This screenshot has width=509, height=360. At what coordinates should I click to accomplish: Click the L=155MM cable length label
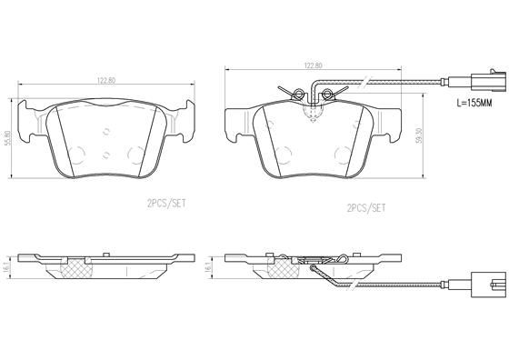[474, 104]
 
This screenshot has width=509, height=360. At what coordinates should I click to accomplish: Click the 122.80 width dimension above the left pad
[106, 81]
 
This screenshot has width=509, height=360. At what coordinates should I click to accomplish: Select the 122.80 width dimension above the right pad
[313, 65]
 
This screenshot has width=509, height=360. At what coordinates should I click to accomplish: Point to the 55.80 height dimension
[8, 138]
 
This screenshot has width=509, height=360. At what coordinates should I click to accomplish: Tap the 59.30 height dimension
[419, 135]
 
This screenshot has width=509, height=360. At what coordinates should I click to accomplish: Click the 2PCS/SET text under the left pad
[166, 204]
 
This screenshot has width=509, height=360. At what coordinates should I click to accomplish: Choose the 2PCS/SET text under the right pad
[366, 208]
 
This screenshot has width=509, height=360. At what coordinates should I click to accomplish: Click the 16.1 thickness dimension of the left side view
[7, 267]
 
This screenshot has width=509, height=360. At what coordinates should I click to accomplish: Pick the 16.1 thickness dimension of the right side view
[208, 267]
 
